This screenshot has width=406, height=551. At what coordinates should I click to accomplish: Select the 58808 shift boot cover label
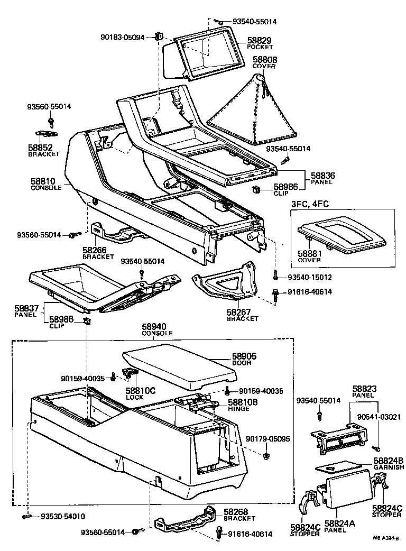coord(265,60)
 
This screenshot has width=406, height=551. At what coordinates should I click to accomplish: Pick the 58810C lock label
coord(140,390)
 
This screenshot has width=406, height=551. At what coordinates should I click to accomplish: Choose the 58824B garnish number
coord(388,461)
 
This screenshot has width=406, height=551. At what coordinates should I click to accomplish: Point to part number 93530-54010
coord(63,516)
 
